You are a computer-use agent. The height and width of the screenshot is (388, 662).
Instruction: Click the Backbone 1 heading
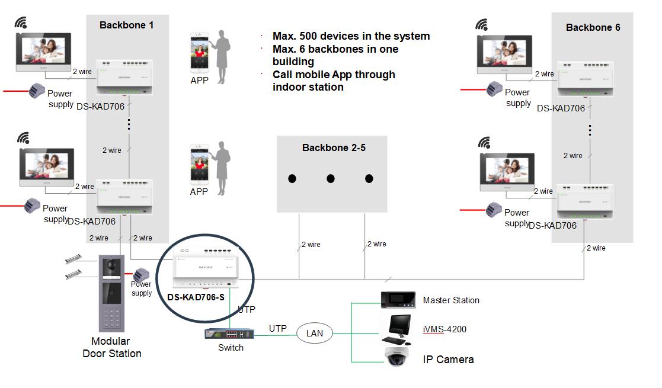tap(127, 25)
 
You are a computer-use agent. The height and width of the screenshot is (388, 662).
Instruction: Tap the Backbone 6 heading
tap(593, 27)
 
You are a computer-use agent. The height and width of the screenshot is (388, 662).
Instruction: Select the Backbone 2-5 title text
tap(334, 147)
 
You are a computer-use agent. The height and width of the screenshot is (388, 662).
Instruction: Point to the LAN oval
tap(314, 333)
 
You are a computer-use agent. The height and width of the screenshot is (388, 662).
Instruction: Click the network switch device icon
tap(230, 334)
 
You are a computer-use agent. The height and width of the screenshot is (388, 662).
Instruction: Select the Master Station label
tap(450, 300)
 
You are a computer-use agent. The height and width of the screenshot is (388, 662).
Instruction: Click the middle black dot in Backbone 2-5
tap(331, 178)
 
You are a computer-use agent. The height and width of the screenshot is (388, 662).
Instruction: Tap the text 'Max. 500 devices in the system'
tap(351, 36)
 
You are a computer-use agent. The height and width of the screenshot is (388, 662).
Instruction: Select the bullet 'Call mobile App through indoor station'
tap(333, 81)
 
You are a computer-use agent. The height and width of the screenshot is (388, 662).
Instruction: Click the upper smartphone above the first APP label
tap(199, 52)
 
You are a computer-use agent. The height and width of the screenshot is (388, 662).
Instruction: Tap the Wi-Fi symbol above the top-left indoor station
tap(22, 23)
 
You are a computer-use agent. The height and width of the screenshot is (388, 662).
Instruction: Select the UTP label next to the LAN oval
tap(278, 328)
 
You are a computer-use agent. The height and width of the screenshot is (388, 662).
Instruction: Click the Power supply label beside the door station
tap(142, 288)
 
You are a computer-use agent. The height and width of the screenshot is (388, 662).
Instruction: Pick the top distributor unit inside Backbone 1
tap(124, 76)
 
